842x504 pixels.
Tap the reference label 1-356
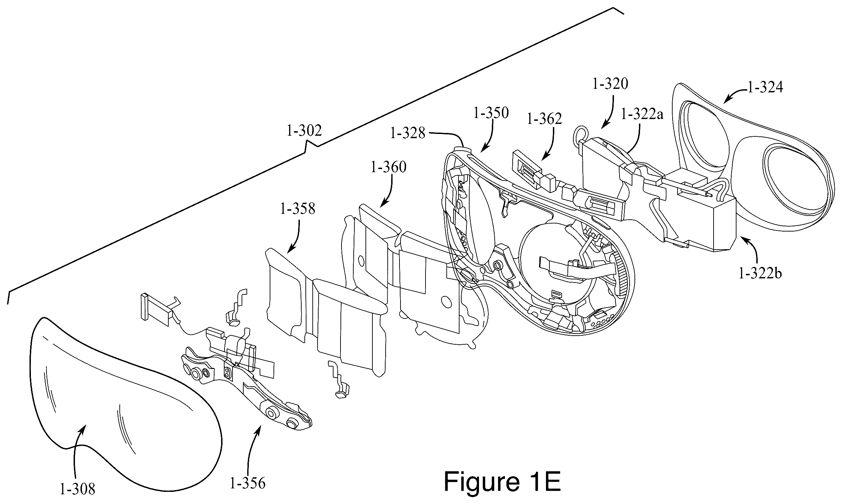pyautogui.click(x=247, y=484)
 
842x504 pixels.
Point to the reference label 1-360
pyautogui.click(x=388, y=168)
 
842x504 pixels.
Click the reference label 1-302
pyautogui.click(x=304, y=131)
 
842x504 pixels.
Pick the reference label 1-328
pyautogui.click(x=407, y=133)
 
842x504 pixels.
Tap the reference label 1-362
pyautogui.click(x=544, y=119)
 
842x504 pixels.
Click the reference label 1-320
pyautogui.click(x=611, y=84)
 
